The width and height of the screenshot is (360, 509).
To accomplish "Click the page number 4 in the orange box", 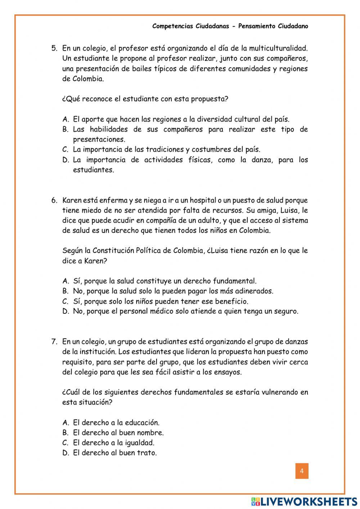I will (302, 471).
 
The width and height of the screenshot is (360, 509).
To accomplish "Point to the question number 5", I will (54, 48).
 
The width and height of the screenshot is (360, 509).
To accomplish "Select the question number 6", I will (54, 200).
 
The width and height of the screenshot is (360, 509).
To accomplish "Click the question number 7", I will (54, 341).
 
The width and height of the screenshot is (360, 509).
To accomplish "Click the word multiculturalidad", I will (278, 48).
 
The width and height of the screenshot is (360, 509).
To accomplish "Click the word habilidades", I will (107, 129).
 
